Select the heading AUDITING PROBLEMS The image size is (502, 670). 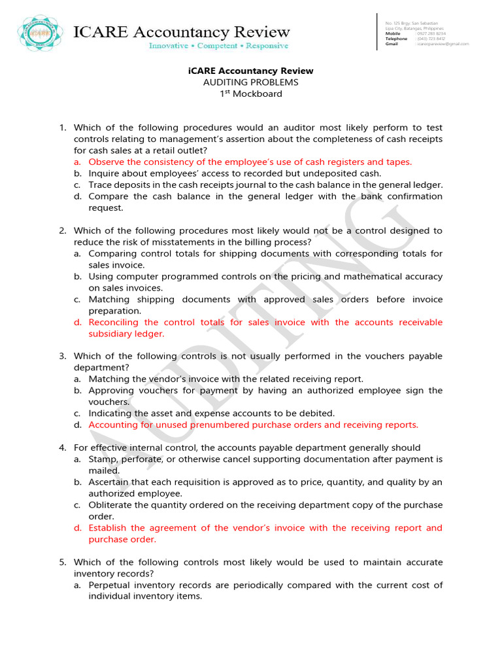pos(250,82)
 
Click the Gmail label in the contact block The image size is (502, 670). pos(392,44)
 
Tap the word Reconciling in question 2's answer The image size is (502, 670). pos(114,322)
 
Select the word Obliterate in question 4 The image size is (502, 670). pos(110,505)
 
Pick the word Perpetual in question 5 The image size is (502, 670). pos(109,585)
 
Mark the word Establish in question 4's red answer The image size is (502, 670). pos(107,528)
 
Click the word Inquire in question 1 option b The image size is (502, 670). pos(105,173)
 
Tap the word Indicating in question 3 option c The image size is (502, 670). pos(110,413)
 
